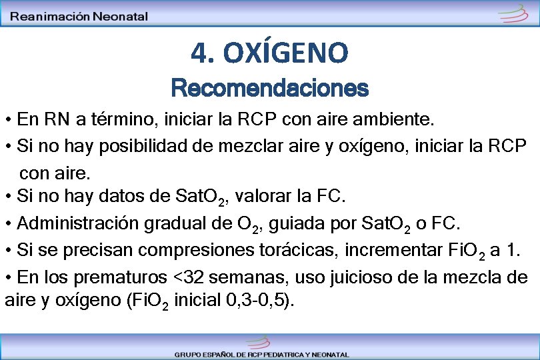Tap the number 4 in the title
point(198,53)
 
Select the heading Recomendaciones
point(269,87)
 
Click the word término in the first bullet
point(119,120)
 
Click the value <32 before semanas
point(187,277)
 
